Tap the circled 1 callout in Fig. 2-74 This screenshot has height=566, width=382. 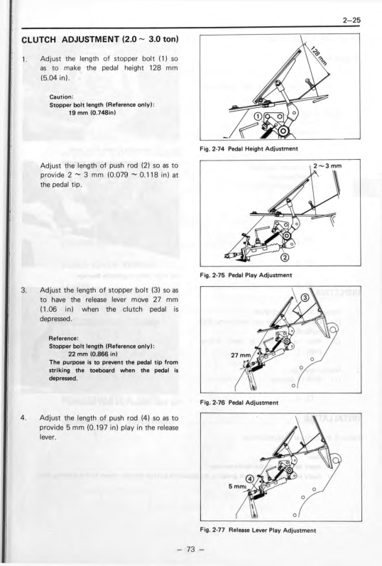pos(258,116)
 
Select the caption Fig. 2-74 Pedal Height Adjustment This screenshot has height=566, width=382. pos(249,148)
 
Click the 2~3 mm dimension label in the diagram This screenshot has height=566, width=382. pos(327,166)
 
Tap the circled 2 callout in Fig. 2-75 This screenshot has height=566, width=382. pos(285,258)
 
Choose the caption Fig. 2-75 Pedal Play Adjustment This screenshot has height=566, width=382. pos(246,275)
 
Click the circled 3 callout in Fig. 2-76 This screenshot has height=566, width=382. pos(304,298)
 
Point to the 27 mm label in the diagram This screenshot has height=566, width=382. pos(240,355)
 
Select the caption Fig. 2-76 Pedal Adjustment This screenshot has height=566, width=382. pos(239,403)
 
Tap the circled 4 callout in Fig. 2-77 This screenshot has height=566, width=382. pos(250,479)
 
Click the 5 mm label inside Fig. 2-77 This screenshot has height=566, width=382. pos(237,486)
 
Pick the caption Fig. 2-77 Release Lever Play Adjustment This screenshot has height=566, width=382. pos(258,530)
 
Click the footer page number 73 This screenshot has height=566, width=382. pos(190,550)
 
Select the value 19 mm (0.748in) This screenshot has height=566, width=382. pos(92,112)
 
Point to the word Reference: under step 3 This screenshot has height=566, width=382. pos(63,338)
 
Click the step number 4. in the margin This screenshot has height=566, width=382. pos(24,418)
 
